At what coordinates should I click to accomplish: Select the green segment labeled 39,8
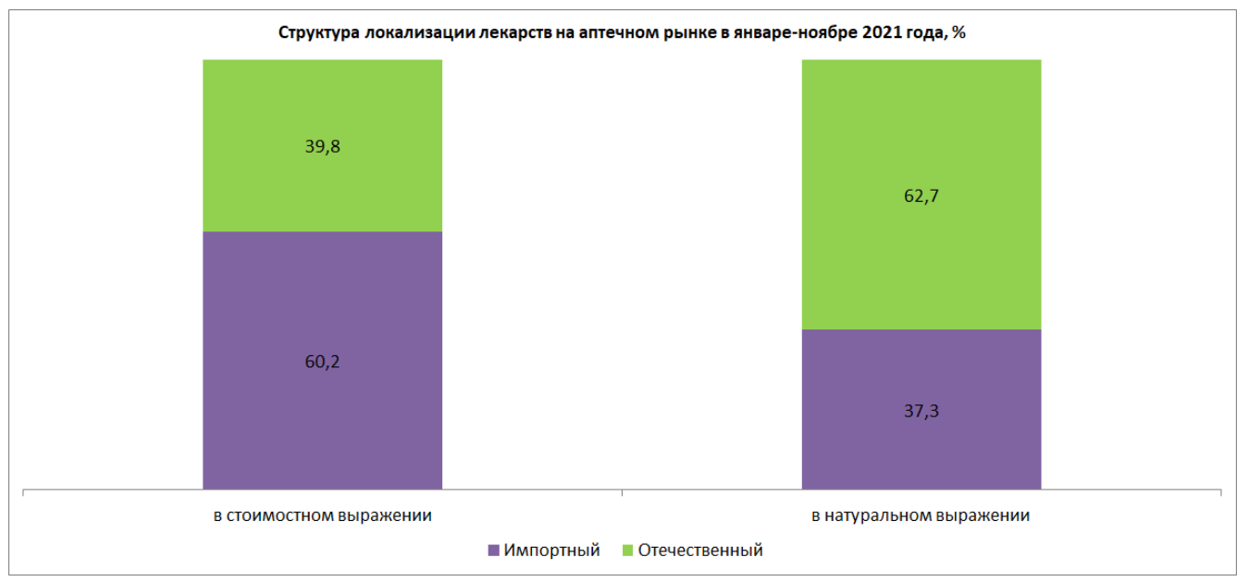(322, 185)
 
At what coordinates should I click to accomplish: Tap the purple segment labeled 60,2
(322, 407)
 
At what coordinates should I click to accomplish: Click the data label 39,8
(322, 145)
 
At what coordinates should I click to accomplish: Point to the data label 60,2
(322, 361)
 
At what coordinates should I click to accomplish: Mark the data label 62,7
(921, 195)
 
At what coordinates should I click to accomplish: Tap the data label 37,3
(921, 411)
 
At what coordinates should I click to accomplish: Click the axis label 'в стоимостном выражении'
(322, 515)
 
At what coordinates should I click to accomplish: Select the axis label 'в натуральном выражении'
(921, 515)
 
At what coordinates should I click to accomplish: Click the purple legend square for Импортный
(493, 551)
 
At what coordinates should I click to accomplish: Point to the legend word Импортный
(552, 551)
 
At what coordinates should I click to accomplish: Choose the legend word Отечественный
(700, 551)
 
